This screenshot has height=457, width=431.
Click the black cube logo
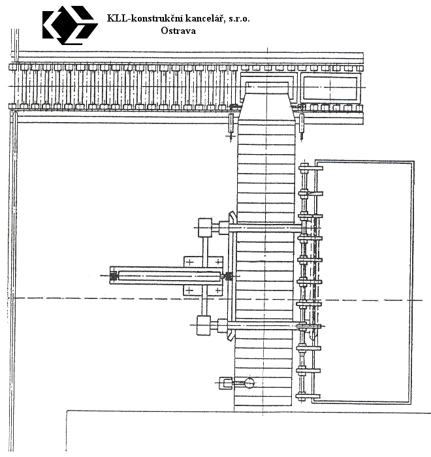coord(70,25)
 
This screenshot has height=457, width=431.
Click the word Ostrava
coord(178,31)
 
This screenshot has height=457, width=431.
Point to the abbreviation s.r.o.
coord(239,19)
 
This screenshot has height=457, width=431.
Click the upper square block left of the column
coord(205,227)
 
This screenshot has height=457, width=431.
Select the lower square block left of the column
coord(204,325)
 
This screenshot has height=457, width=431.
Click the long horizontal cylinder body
coord(169,276)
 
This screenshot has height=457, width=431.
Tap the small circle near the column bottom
coord(249,383)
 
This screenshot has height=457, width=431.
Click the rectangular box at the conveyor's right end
coord(330,88)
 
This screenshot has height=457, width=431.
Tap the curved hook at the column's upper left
coord(232,217)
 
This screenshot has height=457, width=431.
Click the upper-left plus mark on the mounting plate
coord(189,262)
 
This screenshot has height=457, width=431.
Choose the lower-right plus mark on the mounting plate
coord(218,290)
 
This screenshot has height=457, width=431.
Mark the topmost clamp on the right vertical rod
coord(310,168)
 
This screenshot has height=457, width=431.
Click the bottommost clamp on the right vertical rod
coord(308,396)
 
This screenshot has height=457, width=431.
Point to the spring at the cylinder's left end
coord(113,276)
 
